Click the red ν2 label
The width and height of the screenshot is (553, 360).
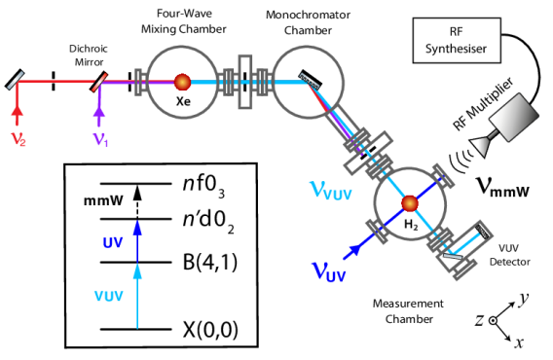point(18,139)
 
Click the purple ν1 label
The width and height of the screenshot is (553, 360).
point(100,139)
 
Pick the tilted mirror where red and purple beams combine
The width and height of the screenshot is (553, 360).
point(99,82)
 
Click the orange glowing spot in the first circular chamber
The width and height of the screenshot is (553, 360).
point(182,82)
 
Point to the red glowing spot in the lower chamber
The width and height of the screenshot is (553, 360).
point(409,203)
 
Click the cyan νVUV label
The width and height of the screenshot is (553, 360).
point(330,191)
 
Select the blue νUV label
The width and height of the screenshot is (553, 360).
point(328,272)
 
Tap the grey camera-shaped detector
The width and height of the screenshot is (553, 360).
point(513,118)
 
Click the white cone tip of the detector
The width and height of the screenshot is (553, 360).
point(479,146)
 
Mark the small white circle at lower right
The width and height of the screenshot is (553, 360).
point(493,320)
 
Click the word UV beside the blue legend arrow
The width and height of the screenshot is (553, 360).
point(113,242)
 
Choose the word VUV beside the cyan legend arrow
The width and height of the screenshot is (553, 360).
point(108,296)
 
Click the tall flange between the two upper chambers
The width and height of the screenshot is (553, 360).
point(245,82)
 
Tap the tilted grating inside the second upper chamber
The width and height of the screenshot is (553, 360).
point(310,81)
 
